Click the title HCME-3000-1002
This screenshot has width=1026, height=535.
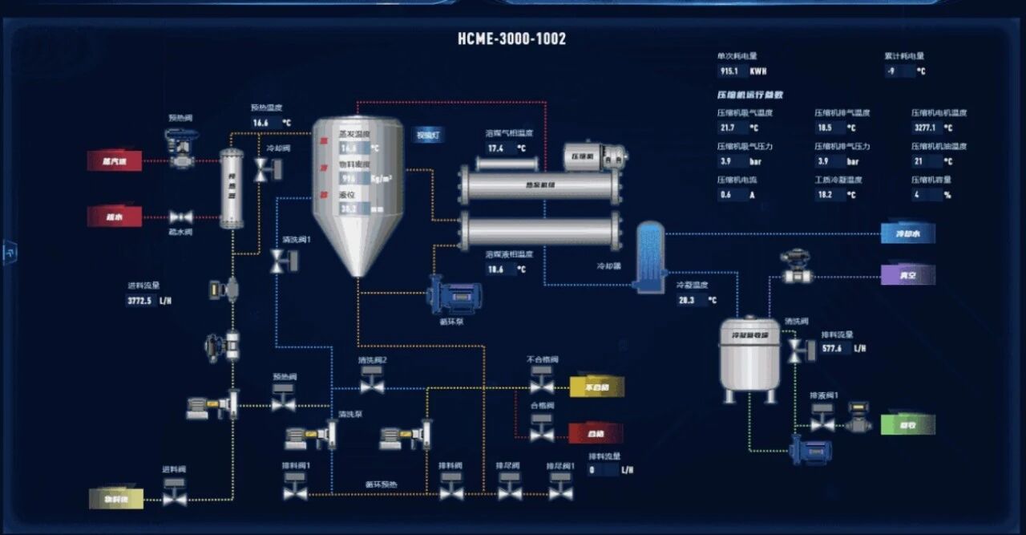click(x=511, y=39)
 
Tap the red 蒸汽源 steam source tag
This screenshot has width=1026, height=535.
click(x=114, y=161)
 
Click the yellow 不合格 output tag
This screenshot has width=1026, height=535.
click(x=596, y=387)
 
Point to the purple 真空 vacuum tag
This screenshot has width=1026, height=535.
click(x=907, y=275)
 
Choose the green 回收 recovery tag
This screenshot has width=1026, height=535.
click(x=907, y=425)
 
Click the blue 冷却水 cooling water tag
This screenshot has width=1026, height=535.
click(x=907, y=234)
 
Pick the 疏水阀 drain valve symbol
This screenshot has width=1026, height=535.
click(x=180, y=217)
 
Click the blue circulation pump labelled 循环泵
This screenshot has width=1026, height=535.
click(x=453, y=294)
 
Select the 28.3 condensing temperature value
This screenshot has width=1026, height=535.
click(x=688, y=300)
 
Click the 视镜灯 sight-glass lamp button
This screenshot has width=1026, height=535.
click(x=428, y=136)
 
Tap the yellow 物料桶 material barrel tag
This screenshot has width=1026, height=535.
click(x=115, y=499)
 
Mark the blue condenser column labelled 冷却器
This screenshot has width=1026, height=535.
click(x=650, y=255)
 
